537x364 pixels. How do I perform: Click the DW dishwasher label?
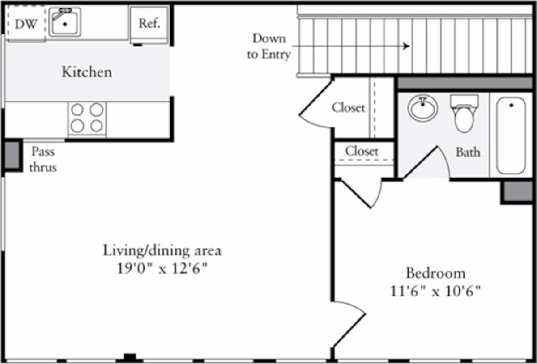coord(26,24)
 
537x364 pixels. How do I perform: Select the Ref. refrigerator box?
coord(149,24)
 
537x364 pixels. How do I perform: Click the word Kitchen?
coord(87,72)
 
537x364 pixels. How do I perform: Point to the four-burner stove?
coord(87,118)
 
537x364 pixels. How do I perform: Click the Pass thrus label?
coord(43,160)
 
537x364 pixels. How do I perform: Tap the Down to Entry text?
coord(269,47)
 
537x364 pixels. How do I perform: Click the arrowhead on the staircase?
coord(406,46)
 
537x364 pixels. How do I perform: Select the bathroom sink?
coord(423,108)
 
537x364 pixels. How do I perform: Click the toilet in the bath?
coord(464,114)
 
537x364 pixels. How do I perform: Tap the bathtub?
coord(511,135)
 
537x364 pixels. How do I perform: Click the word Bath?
coord(468,152)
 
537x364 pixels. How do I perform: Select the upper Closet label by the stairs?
coord(348,108)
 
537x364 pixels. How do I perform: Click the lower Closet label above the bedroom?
coord(362,151)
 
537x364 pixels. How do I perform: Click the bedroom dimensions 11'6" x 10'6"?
coord(435,291)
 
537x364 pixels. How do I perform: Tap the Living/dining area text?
coord(162,250)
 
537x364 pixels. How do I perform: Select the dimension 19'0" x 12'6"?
coord(162,269)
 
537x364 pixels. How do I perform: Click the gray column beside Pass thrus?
coord(13,155)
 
